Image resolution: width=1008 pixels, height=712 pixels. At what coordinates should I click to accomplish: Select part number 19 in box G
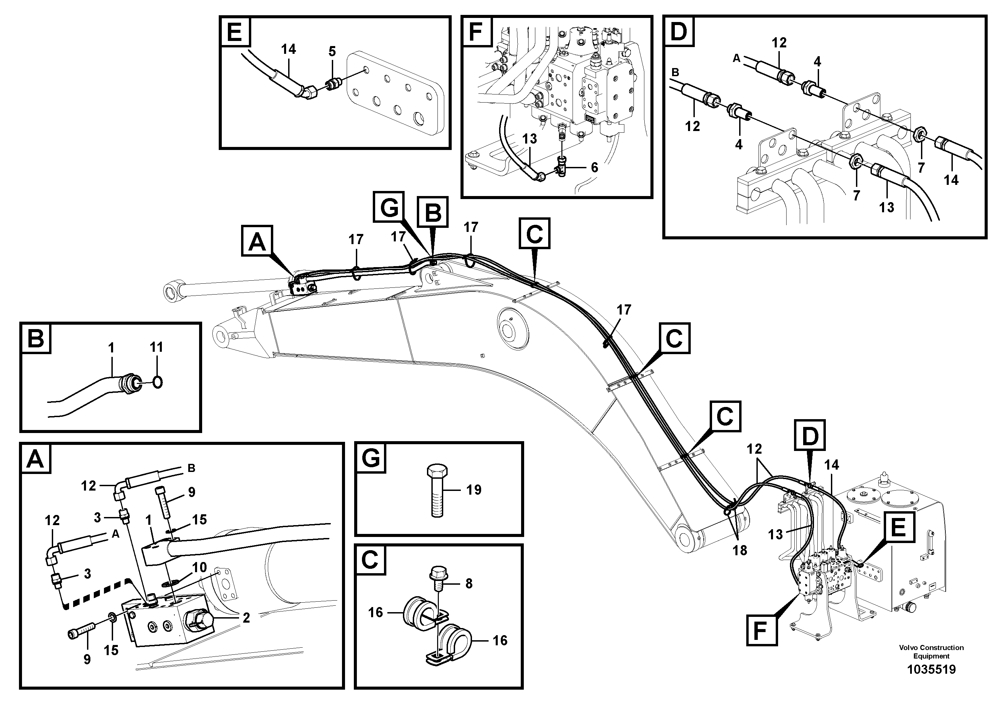pyautogui.click(x=474, y=490)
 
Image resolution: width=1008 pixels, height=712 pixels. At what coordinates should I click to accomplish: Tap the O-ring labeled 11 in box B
pyautogui.click(x=157, y=382)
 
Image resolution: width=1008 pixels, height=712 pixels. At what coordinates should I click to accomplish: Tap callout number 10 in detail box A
pyautogui.click(x=199, y=567)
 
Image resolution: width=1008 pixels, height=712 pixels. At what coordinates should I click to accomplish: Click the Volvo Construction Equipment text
pyautogui.click(x=931, y=651)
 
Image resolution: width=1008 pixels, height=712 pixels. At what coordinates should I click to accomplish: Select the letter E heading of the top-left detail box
pyautogui.click(x=235, y=31)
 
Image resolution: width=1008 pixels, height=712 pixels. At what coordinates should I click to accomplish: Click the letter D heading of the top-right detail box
pyautogui.click(x=679, y=31)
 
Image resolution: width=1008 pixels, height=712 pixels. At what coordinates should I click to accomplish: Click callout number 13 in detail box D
pyautogui.click(x=886, y=207)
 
